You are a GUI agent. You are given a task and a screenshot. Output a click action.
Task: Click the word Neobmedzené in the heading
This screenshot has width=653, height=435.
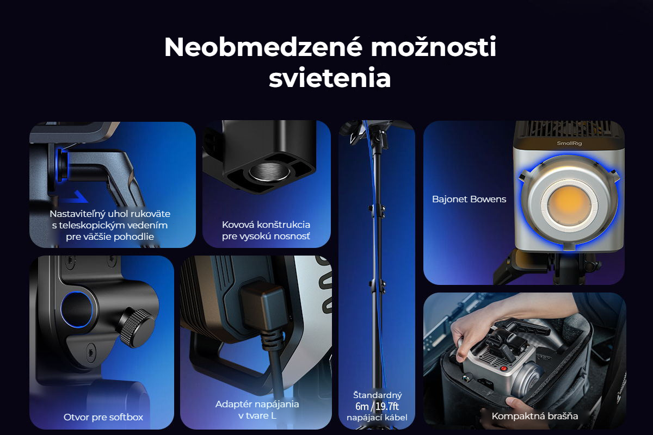point(263,47)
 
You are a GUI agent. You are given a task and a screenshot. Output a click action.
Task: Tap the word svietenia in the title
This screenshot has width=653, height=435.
point(330,78)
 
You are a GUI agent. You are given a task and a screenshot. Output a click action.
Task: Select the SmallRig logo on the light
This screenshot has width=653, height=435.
point(569,143)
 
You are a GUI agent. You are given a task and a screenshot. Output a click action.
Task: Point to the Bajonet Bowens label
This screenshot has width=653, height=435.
point(469,200)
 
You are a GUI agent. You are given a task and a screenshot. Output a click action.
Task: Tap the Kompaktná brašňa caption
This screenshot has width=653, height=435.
point(534,416)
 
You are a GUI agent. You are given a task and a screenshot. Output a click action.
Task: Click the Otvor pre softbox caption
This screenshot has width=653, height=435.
point(103,417)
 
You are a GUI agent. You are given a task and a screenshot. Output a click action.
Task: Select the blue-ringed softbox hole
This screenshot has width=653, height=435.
point(77,309)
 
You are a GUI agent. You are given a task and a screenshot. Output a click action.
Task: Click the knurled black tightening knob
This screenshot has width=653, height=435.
point(137,327)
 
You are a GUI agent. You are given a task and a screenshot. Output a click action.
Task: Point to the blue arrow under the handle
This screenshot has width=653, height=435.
point(76,197)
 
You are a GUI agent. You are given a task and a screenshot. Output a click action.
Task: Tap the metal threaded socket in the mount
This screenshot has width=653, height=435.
point(269,172)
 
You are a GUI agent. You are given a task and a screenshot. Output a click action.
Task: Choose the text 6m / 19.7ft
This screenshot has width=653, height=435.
point(377,406)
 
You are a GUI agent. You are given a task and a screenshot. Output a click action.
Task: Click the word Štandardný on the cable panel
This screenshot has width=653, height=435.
point(378,395)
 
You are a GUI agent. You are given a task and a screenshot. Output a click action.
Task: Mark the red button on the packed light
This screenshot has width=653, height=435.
point(503,369)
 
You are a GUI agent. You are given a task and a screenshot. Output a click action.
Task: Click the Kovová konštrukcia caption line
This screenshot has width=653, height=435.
point(266,225)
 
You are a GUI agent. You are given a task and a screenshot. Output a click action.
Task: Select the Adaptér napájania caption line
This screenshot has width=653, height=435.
point(257,404)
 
